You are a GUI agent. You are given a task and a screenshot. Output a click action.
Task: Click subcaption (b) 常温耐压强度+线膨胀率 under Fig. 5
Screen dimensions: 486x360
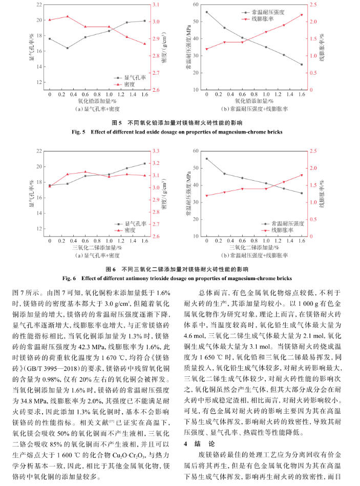pyautogui.click(x=254, y=109)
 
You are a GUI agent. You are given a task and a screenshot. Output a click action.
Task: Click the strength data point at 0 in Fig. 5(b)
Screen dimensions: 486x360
pyautogui.click(x=207, y=12)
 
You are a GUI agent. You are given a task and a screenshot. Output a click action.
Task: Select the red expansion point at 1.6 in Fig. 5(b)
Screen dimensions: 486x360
pyautogui.click(x=302, y=15)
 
